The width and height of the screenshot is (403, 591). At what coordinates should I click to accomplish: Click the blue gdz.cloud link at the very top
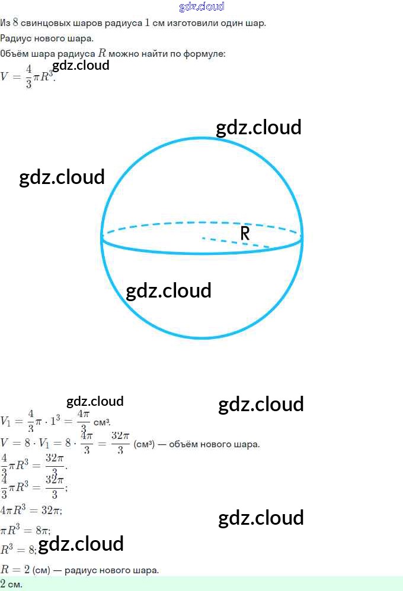pyautogui.click(x=201, y=7)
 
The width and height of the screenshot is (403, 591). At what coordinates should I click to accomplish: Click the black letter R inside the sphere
pyautogui.click(x=245, y=234)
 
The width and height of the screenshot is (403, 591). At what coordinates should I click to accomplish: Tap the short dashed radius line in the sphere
pyautogui.click(x=235, y=243)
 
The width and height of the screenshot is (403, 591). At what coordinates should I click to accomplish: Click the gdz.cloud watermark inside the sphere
pyautogui.click(x=169, y=290)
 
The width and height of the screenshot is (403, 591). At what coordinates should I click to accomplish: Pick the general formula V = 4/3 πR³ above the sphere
pyautogui.click(x=28, y=77)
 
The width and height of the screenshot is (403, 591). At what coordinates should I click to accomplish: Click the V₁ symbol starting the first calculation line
pyautogui.click(x=6, y=422)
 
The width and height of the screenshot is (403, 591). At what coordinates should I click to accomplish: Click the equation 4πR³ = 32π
pyautogui.click(x=31, y=510)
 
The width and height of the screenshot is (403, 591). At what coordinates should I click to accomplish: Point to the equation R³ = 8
pyautogui.click(x=18, y=550)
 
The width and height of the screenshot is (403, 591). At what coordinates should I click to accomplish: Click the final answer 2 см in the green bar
pyautogui.click(x=11, y=584)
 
